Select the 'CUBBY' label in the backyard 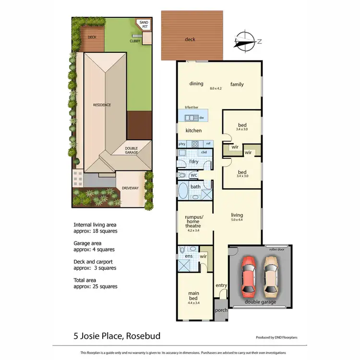point(135,41)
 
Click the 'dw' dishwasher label point(202,118)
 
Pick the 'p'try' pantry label point(182,144)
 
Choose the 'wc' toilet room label point(193,175)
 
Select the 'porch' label point(221,310)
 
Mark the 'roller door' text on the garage point(277,249)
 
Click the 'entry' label point(221,286)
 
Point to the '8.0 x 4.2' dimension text point(216,88)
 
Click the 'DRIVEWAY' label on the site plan point(130,188)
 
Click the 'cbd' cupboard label point(204,152)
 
